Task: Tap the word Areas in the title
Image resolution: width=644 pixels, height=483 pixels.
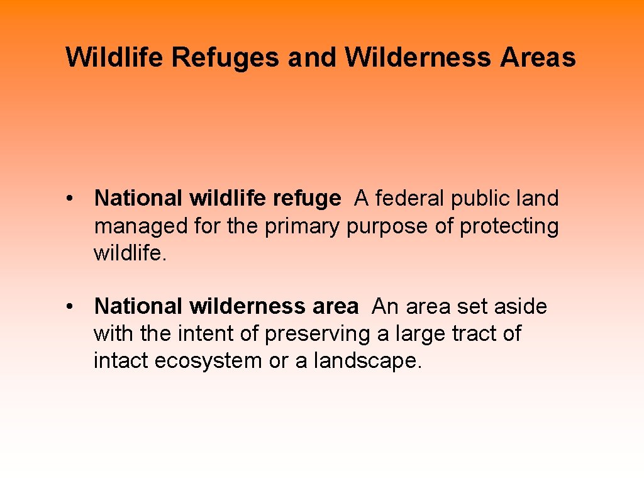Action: [x=538, y=57]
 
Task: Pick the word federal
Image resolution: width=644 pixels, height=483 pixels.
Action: [x=413, y=199]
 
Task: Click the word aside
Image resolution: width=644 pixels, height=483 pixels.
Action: [x=521, y=307]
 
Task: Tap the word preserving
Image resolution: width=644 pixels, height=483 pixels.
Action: [x=318, y=334]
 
